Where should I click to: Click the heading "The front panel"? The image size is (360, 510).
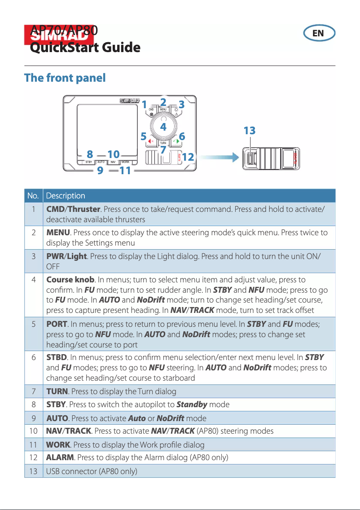pos(65,78)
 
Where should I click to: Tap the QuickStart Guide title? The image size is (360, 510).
pos(85,48)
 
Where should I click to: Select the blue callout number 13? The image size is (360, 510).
pos(249,131)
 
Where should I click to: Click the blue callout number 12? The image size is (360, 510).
pos(189,157)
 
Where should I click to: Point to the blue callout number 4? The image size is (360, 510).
pos(163,127)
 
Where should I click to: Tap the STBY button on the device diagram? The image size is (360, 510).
pos(89,162)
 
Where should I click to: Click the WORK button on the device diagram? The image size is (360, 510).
pos(125,162)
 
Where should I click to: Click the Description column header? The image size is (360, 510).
pos(66,196)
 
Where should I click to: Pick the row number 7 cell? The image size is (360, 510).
pos(34,391)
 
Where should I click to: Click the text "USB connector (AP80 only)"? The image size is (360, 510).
pos(92,471)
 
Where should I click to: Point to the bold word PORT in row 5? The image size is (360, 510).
pos(57,324)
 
